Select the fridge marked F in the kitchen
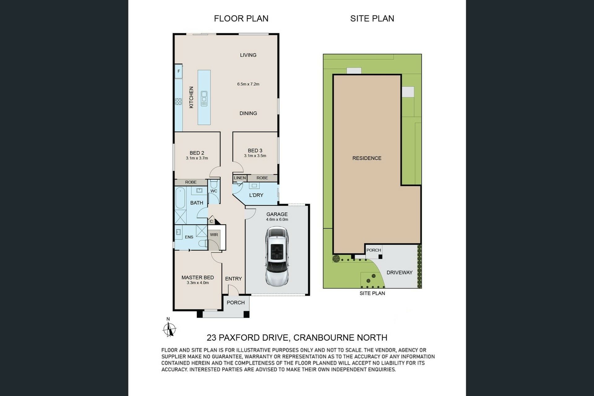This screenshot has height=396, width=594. point(179,71)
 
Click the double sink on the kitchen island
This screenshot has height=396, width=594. point(204,98)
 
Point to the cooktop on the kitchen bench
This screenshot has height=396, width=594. point(179,101)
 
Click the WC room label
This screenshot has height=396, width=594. point(214,191)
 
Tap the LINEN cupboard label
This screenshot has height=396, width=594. point(240,178)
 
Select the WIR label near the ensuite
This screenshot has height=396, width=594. point(214,235)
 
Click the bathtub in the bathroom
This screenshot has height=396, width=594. point(180,198)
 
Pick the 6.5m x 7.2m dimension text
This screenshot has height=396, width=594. point(248,84)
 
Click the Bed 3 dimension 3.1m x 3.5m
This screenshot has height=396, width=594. point(255,156)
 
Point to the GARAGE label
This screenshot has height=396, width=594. point(277,214)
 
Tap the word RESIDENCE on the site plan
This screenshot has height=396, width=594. point(367,158)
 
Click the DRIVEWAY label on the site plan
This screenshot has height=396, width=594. point(399,273)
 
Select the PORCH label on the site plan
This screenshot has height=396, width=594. point(374,250)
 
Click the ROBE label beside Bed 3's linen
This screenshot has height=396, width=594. point(262,178)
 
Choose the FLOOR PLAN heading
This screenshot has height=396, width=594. point(241,19)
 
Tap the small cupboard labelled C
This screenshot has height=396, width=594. point(211,221)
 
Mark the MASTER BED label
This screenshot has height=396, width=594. point(198,278)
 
